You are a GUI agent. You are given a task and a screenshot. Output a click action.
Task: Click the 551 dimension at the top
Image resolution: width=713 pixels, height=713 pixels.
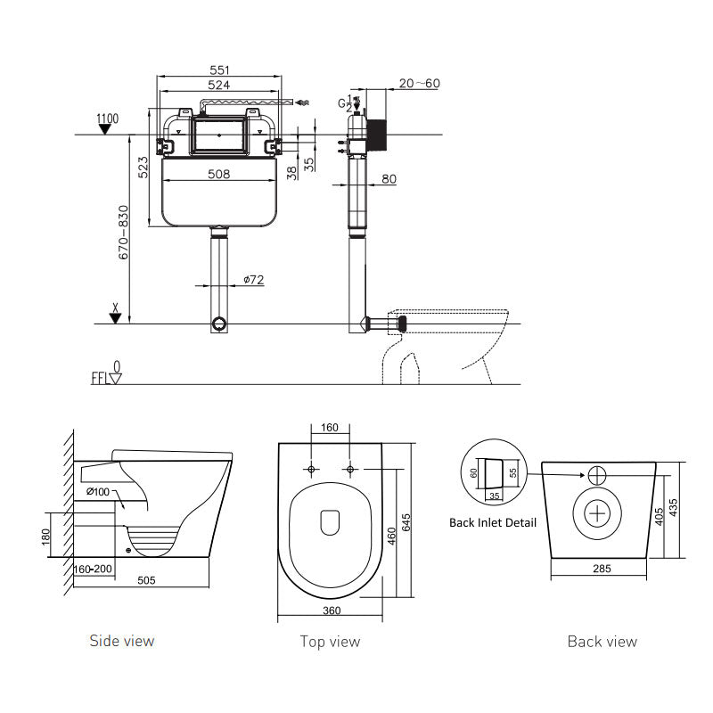pyautogui.click(x=219, y=68)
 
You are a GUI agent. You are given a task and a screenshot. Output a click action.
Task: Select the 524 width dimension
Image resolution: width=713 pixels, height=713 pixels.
pyautogui.click(x=219, y=85)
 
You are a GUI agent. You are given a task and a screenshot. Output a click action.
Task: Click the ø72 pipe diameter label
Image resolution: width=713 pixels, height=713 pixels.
pyautogui.click(x=253, y=281)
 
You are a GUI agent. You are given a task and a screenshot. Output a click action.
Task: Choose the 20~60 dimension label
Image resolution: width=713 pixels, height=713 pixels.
pyautogui.click(x=419, y=83)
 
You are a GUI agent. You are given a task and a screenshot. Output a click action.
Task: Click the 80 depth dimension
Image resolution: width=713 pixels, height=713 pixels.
pyautogui.click(x=389, y=179)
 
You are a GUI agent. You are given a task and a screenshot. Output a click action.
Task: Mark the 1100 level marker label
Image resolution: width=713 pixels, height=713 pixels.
pyautogui.click(x=107, y=119)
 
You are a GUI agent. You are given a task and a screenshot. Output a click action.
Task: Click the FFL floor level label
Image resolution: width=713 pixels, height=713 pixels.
pyautogui.click(x=101, y=378)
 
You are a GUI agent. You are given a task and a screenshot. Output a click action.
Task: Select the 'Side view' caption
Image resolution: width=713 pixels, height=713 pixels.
pyautogui.click(x=121, y=641)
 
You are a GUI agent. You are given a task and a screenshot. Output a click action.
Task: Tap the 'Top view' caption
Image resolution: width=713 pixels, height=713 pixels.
pyautogui.click(x=330, y=642)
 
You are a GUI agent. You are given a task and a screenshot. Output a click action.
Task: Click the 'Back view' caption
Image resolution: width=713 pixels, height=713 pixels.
pyautogui.click(x=602, y=642)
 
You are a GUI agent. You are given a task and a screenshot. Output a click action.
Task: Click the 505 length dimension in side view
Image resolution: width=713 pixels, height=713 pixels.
pyautogui.click(x=147, y=580)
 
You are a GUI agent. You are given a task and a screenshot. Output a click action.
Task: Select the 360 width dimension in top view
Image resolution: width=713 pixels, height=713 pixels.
pyautogui.click(x=331, y=611)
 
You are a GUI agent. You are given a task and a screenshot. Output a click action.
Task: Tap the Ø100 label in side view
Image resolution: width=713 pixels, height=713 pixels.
pyautogui.click(x=99, y=492)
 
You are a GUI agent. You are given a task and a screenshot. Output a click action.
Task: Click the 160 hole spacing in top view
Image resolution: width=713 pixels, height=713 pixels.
pyautogui.click(x=330, y=428)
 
